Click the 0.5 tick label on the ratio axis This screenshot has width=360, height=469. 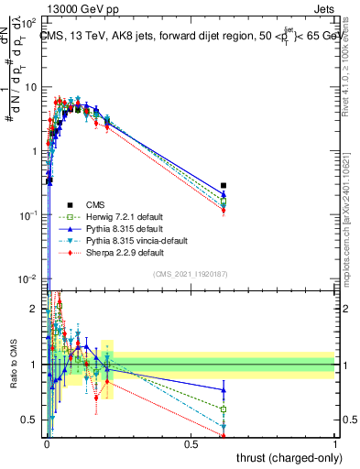tap(30, 420)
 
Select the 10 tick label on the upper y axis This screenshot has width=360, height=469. tap(28, 87)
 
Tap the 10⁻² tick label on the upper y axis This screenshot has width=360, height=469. tap(27, 278)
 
